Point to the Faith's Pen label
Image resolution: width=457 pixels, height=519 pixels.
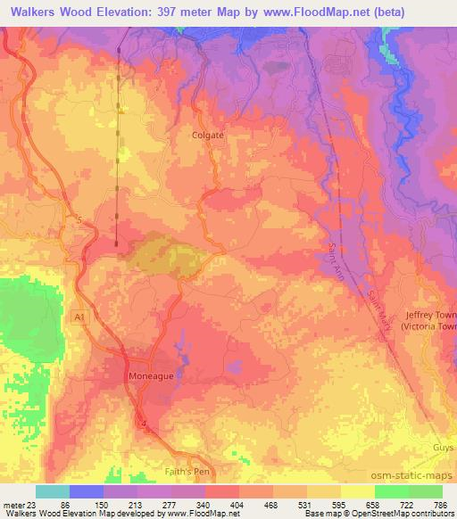192,473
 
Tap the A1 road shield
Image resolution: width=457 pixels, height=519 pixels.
79,315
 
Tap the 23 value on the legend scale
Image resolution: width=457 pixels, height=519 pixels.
35,504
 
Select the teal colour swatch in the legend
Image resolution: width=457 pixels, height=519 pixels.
52,491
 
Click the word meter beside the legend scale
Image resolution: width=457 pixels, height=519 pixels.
13,504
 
